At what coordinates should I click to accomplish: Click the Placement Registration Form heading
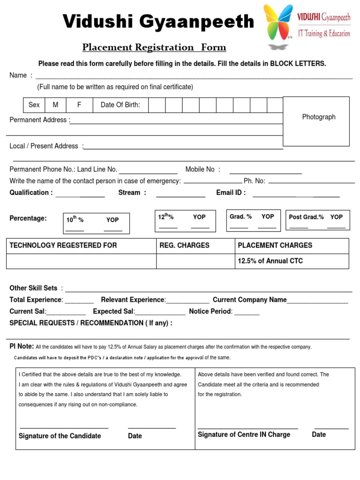point(154,47)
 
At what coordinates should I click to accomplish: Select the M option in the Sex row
point(56,105)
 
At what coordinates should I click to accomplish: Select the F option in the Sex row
point(79,105)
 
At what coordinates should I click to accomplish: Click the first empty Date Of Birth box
point(157,105)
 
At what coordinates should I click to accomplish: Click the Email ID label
point(231,193)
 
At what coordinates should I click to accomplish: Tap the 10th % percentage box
point(97,224)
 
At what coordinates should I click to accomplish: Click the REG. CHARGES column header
point(184,245)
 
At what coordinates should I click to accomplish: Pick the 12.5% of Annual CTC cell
point(270,261)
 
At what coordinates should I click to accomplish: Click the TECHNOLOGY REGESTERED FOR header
point(63,245)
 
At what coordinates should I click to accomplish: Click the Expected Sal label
point(114,311)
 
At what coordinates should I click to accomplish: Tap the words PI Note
point(22,346)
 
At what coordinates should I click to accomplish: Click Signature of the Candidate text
point(60,436)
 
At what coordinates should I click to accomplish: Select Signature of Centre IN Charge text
point(244,435)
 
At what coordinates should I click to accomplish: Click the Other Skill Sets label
point(33,288)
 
